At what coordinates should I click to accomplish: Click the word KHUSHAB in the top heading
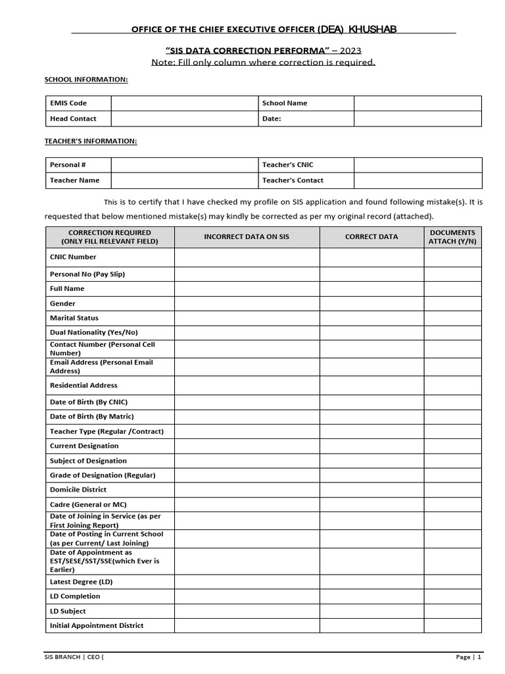pos(372,29)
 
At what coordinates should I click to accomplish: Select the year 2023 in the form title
pos(348,51)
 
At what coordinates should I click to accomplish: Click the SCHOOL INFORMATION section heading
pos(86,80)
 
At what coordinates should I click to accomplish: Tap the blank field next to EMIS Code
pos(183,103)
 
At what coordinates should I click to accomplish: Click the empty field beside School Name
pos(418,103)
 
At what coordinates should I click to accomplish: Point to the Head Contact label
pos(73,118)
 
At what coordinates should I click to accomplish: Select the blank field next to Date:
pos(418,118)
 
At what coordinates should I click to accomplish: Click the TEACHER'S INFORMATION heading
pos(91,141)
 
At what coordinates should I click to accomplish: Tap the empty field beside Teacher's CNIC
pos(418,165)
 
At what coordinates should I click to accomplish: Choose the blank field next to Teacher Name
pos(183,180)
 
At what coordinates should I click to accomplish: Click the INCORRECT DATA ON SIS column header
pos(247,237)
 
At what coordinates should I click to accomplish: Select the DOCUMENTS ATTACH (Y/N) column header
pos(452,237)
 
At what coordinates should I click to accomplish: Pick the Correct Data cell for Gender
pos(372,303)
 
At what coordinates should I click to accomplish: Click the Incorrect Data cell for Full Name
pos(247,288)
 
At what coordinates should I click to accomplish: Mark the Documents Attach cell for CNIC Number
pos(452,257)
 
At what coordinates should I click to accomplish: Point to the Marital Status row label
pos(74,318)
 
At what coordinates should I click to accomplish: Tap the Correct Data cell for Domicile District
pos(372,490)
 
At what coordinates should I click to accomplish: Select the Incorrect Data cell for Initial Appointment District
pos(247,625)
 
